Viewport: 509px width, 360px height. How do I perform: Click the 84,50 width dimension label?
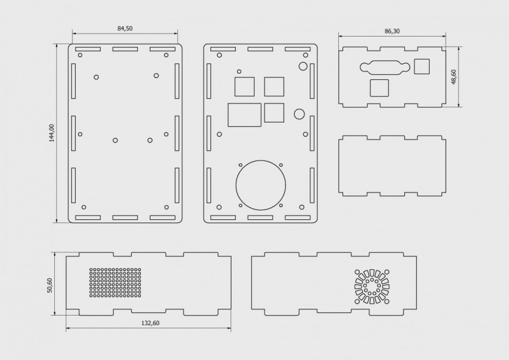[x=125, y=29]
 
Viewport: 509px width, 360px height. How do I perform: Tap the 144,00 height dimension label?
[x=52, y=133]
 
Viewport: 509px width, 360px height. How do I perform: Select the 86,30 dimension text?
[x=392, y=32]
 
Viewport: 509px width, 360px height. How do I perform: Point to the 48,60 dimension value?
[x=454, y=77]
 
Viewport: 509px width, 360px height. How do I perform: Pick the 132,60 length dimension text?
[x=151, y=323]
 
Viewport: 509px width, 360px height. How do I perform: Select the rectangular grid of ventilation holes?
[x=115, y=282]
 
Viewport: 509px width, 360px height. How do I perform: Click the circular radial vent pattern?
[x=372, y=287]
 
